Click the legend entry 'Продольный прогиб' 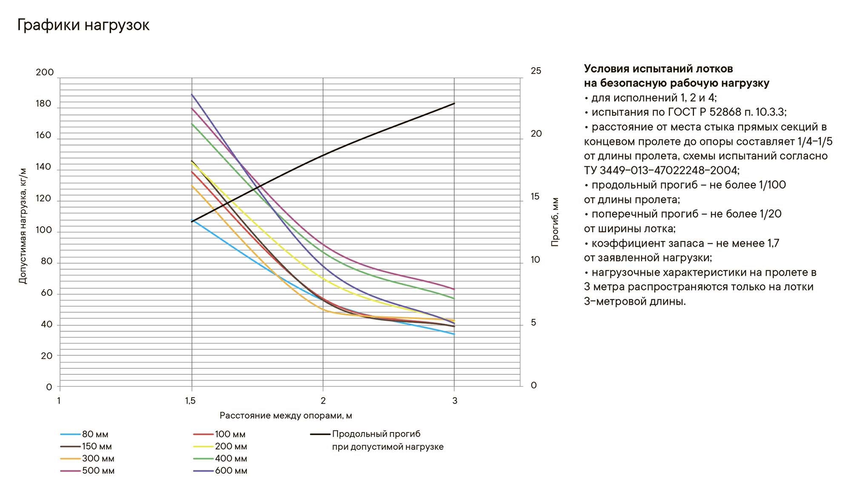point(376,434)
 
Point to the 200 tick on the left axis point(45,72)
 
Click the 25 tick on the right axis point(536,71)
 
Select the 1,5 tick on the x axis point(191,401)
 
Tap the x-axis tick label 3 point(454,401)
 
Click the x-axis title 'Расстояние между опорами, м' point(286,415)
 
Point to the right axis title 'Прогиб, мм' point(555,222)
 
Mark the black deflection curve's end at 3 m point(454,103)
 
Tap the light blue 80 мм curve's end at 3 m point(454,334)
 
